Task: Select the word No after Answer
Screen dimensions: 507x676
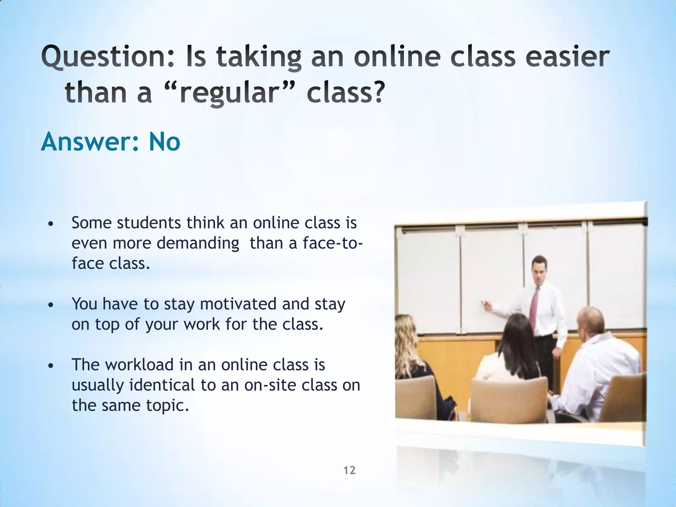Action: pyautogui.click(x=164, y=142)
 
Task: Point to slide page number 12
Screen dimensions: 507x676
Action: pyautogui.click(x=350, y=470)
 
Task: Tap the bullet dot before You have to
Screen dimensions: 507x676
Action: pyautogui.click(x=50, y=305)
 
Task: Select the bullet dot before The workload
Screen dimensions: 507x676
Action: pyautogui.click(x=50, y=366)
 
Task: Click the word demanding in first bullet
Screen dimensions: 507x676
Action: pyautogui.click(x=198, y=243)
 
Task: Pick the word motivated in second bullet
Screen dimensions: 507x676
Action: pyautogui.click(x=238, y=304)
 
